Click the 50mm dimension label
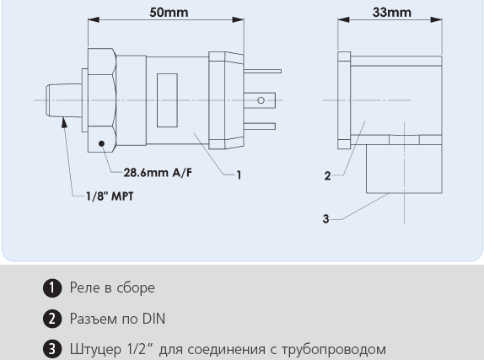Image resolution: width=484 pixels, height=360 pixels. pyautogui.click(x=169, y=13)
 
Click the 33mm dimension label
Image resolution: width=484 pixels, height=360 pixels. pyautogui.click(x=392, y=13)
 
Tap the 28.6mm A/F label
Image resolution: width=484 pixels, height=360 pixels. pyautogui.click(x=158, y=172)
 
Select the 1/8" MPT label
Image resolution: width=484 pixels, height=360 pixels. pyautogui.click(x=110, y=196)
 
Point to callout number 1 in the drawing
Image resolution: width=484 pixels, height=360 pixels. pyautogui.click(x=239, y=175)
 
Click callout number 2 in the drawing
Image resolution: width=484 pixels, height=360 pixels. pyautogui.click(x=327, y=176)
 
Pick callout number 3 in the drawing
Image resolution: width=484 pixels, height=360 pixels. pyautogui.click(x=326, y=219)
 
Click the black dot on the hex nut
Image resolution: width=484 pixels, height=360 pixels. pyautogui.click(x=101, y=143)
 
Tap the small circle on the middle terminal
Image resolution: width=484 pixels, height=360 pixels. pyautogui.click(x=261, y=100)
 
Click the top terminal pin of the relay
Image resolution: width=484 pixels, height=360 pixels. pyautogui.click(x=262, y=72)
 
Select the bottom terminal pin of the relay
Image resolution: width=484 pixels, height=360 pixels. pyautogui.click(x=260, y=126)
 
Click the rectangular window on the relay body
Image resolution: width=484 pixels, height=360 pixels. pyautogui.click(x=167, y=100)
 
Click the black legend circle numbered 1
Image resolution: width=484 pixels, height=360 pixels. pyautogui.click(x=52, y=288)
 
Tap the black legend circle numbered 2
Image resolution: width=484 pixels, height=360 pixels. pyautogui.click(x=52, y=319)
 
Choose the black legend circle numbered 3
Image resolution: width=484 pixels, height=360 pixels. pyautogui.click(x=52, y=349)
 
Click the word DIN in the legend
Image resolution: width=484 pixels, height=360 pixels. pyautogui.click(x=153, y=319)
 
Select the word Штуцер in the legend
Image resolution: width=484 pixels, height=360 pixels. pyautogui.click(x=95, y=350)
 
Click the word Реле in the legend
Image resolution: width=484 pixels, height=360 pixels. pyautogui.click(x=84, y=287)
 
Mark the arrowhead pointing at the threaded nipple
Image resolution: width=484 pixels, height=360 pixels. pyautogui.click(x=64, y=122)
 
